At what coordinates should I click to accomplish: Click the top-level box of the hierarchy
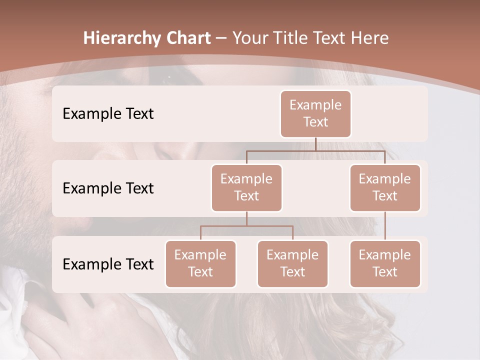point(315,113)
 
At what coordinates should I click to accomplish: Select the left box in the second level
point(246,187)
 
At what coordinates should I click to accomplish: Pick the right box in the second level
point(385,187)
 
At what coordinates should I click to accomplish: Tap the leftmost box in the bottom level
point(200,263)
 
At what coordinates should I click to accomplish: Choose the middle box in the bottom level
point(292,263)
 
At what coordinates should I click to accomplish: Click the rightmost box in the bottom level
point(385,263)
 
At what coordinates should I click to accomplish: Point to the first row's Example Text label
point(108,113)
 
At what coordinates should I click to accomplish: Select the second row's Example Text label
point(108,188)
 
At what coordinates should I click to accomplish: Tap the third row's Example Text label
point(108,264)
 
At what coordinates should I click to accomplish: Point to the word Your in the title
point(250,38)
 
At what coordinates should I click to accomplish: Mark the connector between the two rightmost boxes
point(385,226)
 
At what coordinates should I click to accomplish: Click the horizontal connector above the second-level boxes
point(315,150)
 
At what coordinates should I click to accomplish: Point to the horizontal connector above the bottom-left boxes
point(246,226)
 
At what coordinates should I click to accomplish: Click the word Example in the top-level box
point(315,105)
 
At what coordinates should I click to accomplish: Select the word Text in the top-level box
point(315,122)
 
